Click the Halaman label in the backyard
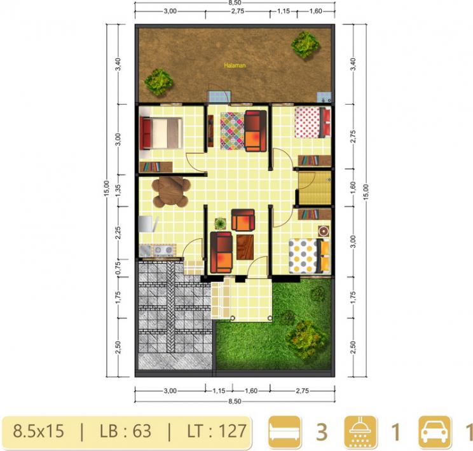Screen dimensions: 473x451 (235, 65)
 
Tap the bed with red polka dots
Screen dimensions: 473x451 (313, 123)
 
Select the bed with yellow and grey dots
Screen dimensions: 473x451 (309, 256)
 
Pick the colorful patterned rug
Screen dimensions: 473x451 (232, 131)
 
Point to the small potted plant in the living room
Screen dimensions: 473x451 (221, 224)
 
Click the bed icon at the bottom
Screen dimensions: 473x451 (284, 431)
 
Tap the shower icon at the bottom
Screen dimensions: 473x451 (360, 431)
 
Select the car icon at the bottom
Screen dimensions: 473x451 (434, 431)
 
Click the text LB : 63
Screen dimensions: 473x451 (125, 431)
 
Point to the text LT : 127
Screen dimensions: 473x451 (217, 431)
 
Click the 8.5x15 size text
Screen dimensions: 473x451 (38, 431)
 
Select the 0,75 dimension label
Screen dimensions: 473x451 (118, 267)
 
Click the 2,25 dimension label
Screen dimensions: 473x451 (118, 232)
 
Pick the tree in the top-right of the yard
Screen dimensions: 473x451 (305, 44)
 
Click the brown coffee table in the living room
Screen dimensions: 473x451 (245, 247)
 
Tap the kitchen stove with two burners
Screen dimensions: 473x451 (163, 250)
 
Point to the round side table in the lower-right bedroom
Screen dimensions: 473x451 (324, 231)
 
